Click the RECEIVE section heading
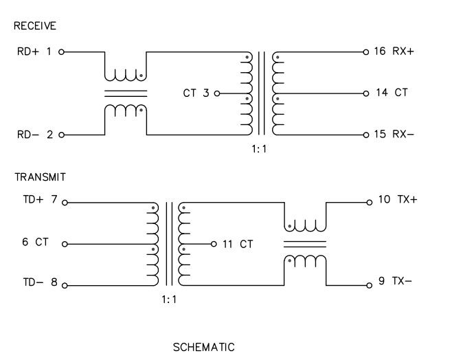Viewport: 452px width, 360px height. pos(34,27)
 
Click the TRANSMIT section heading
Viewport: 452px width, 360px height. pos(40,177)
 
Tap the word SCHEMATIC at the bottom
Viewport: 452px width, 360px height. pos(203,347)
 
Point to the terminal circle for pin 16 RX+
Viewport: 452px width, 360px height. pos(366,52)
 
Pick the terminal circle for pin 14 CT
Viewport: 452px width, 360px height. pos(366,93)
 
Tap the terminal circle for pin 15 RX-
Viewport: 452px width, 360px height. pos(366,135)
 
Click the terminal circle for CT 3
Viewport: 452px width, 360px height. pos(217,93)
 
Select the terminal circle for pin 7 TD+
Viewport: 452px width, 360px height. pos(65,203)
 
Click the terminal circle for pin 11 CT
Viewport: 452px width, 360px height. pos(214,244)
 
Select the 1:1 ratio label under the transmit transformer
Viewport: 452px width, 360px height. pos(169,300)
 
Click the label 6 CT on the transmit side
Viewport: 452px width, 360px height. pos(34,243)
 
